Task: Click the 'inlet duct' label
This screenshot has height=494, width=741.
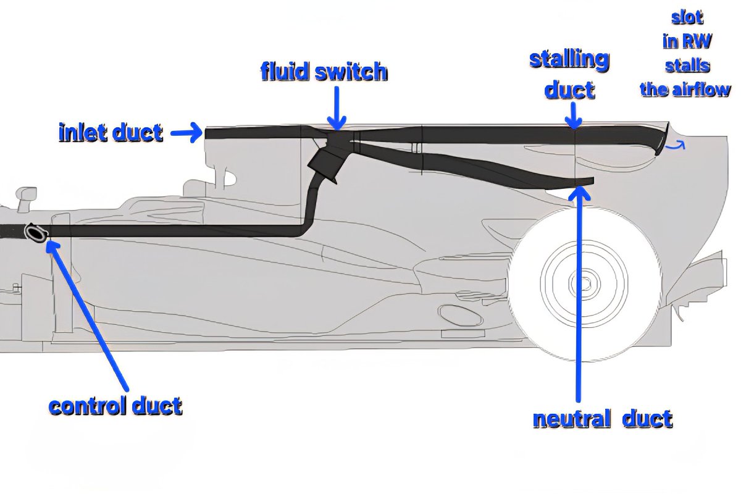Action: [x=111, y=132]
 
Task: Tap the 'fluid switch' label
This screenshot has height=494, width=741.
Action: [x=324, y=72]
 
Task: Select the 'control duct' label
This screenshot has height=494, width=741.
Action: [x=115, y=406]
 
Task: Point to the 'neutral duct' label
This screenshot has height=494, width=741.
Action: [x=602, y=419]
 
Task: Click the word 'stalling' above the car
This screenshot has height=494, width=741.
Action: [x=569, y=61]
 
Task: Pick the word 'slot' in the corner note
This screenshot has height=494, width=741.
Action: [x=685, y=17]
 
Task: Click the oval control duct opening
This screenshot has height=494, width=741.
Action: [x=36, y=232]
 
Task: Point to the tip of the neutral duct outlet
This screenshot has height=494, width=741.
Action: [x=591, y=180]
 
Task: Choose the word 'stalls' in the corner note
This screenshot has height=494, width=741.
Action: [x=685, y=65]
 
